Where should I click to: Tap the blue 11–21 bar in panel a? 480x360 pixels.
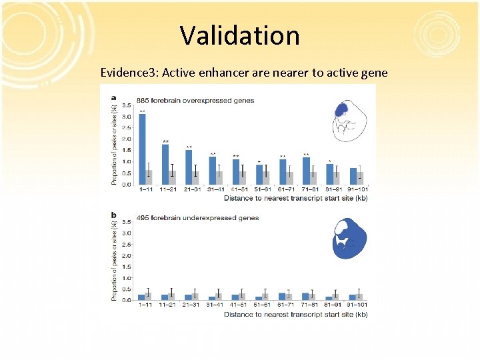(165, 164)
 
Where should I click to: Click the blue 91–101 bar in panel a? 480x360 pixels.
(353, 176)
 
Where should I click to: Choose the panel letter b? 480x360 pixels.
(113, 214)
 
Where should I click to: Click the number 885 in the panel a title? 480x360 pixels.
(143, 101)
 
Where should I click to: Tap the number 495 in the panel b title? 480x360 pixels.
(143, 217)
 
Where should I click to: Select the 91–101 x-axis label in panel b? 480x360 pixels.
(353, 305)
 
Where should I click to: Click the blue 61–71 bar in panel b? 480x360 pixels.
(282, 296)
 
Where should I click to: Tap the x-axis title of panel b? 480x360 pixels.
(295, 314)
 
